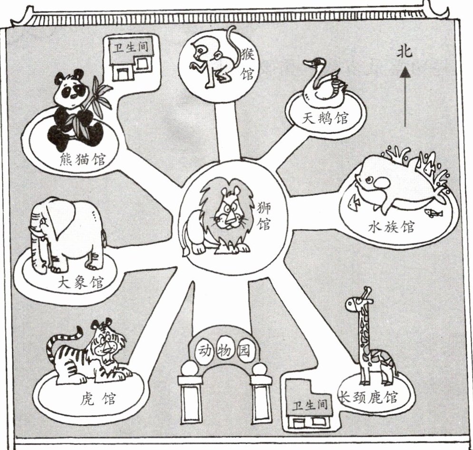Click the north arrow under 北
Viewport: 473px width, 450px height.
click(x=405, y=95)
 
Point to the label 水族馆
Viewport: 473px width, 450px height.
click(x=391, y=226)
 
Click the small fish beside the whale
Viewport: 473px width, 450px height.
click(x=433, y=213)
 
